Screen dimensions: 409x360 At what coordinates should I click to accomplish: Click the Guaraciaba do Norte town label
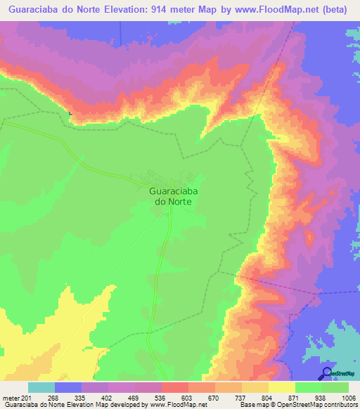click(171, 195)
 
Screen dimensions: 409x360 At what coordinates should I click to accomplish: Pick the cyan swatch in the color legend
click(41, 387)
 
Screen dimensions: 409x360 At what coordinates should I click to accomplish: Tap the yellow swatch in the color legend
click(281, 387)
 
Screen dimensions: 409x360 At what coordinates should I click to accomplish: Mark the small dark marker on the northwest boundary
click(70, 112)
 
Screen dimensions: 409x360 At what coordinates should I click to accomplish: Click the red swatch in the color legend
click(175, 387)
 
